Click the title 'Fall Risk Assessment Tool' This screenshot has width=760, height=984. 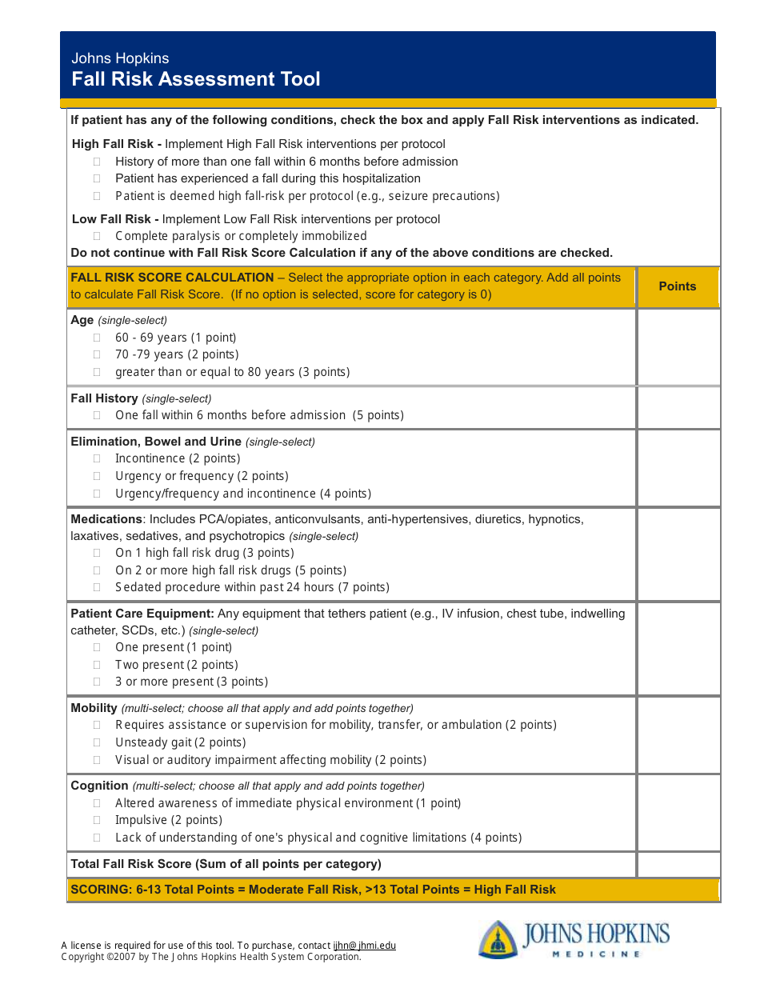[x=196, y=79]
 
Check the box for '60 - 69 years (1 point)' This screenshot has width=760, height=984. [x=97, y=338]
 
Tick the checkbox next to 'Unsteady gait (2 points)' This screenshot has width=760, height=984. [x=97, y=742]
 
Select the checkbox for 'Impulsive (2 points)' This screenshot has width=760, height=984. [x=97, y=820]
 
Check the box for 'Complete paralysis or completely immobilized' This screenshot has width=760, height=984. [x=97, y=236]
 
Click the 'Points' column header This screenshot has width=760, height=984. [x=678, y=286]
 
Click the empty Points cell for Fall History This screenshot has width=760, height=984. [x=678, y=407]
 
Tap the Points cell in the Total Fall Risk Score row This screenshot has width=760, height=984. [x=678, y=864]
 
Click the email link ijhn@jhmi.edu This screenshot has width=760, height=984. [x=364, y=946]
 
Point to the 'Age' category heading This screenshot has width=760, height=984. [x=82, y=320]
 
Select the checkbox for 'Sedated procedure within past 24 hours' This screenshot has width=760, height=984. [x=97, y=587]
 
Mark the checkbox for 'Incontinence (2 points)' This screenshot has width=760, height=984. [x=97, y=458]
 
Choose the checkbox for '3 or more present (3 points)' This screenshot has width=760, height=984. [x=97, y=682]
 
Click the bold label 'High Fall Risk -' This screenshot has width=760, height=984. [x=117, y=144]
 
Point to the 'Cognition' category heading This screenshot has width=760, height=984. [x=99, y=786]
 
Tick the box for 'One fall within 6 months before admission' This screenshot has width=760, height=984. [x=97, y=415]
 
